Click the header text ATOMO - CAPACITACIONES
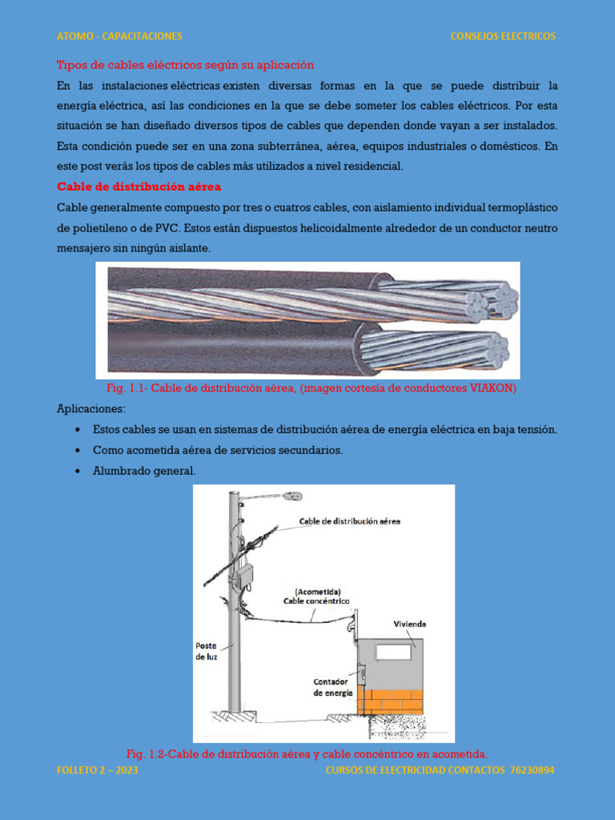(119, 36)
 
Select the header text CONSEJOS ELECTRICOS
(502, 36)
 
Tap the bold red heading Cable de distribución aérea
(139, 187)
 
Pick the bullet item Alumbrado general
(144, 471)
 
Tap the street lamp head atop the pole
(291, 496)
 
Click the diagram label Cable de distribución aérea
(350, 521)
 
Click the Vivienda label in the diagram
(410, 624)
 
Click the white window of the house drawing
(393, 651)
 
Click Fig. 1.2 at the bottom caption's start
(147, 754)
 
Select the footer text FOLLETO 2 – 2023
(98, 770)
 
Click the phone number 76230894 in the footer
(532, 770)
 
